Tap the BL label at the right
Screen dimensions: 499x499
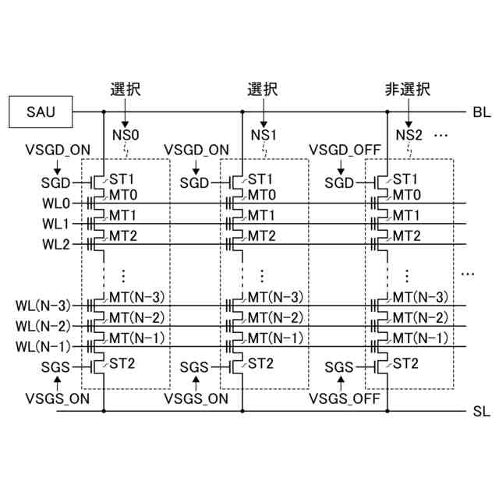[x=482, y=112]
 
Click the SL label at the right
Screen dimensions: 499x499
[x=482, y=410]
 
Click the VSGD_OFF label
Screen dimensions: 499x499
[x=342, y=149]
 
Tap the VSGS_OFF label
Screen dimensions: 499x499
[x=344, y=399]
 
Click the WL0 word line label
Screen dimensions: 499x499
[x=55, y=204]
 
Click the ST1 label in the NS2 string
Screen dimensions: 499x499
[x=405, y=179]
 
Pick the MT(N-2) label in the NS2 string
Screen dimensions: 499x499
[x=419, y=317]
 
